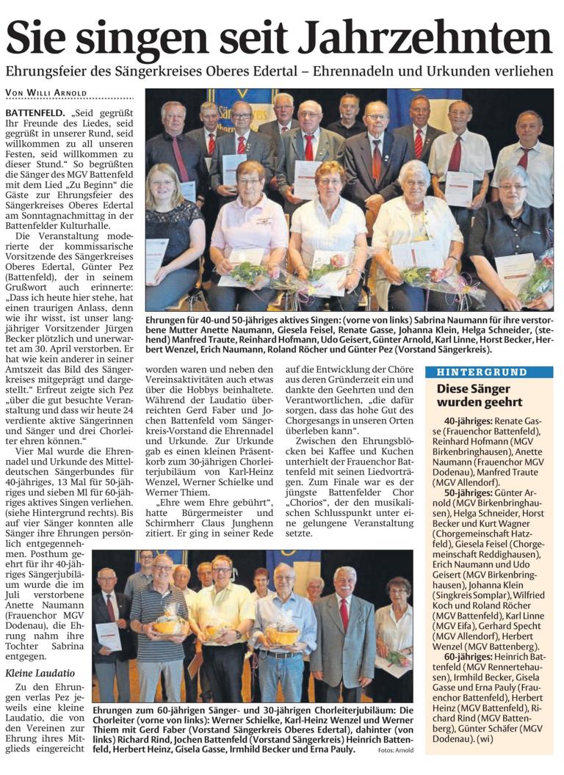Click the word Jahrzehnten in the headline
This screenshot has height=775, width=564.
coord(438,37)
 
